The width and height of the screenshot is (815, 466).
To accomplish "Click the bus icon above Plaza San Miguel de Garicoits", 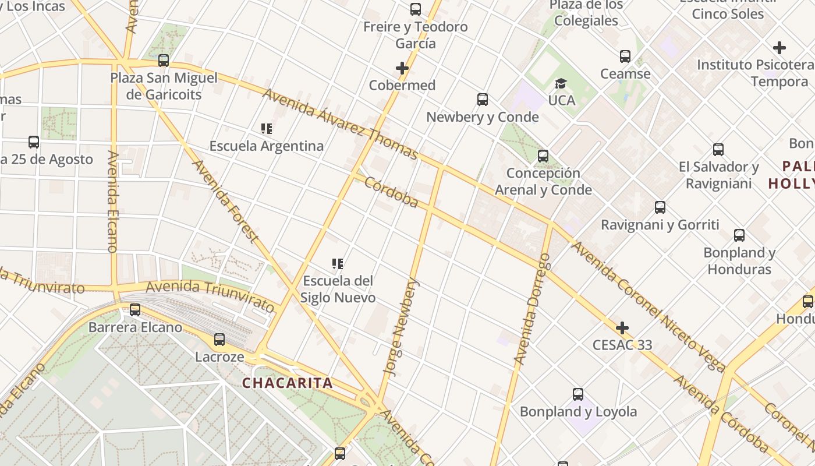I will tap(164, 60).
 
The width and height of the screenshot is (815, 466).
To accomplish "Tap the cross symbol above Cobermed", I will tap(402, 68).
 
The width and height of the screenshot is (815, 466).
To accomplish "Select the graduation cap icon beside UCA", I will tap(561, 84).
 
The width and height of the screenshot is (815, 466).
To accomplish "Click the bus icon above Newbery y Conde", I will tap(483, 100).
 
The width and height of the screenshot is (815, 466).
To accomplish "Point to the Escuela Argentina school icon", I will tap(267, 129).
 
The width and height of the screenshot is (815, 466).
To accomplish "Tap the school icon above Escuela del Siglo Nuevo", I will tap(337, 264).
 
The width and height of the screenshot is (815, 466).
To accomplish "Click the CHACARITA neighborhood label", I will tap(288, 383).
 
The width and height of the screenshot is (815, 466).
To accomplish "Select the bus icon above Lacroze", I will tap(219, 340).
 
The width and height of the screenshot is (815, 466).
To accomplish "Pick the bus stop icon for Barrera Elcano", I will tap(135, 310).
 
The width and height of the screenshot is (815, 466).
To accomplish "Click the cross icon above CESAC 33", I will tap(622, 328).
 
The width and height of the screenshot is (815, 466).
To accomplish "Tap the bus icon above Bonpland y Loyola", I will tap(578, 394).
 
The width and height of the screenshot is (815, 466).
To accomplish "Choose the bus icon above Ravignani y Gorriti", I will tap(660, 207).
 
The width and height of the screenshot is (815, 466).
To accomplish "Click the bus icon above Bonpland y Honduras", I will tap(739, 235).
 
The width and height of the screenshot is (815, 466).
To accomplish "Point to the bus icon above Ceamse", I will tap(625, 57).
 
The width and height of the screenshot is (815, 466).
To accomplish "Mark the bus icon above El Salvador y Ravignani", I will tap(718, 150).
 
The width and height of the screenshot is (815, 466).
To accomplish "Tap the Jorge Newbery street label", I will tap(401, 326).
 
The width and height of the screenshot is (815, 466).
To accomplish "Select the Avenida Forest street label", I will tap(225, 201).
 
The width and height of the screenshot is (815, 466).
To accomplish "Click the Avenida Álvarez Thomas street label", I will tap(340, 123).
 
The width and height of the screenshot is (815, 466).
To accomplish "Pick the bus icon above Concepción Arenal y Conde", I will tap(543, 156).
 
